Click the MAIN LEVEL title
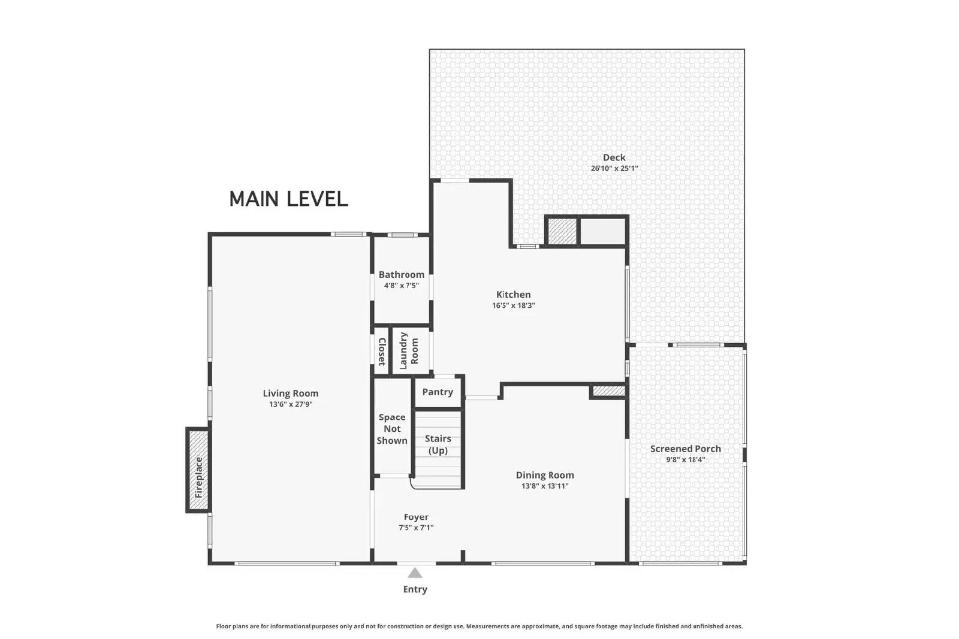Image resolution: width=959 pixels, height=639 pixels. pyautogui.click(x=288, y=199)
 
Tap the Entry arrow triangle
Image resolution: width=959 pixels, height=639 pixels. pyautogui.click(x=415, y=573)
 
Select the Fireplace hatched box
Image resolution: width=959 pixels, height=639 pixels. pyautogui.click(x=198, y=470)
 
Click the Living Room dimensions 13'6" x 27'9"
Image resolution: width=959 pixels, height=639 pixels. pyautogui.click(x=290, y=404)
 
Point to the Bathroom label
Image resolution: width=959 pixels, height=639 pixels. pyautogui.click(x=401, y=275)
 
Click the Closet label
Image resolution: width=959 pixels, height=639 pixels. pyautogui.click(x=381, y=352)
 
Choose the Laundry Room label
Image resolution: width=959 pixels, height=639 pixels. pyautogui.click(x=409, y=351)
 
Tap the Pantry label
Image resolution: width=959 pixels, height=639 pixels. pyautogui.click(x=437, y=392)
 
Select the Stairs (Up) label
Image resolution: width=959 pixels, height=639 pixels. pyautogui.click(x=438, y=444)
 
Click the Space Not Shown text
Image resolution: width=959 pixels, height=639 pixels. pyautogui.click(x=391, y=429)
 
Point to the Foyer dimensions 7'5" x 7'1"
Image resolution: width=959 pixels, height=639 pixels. pyautogui.click(x=416, y=528)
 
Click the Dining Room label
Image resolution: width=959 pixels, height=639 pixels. pyautogui.click(x=545, y=475)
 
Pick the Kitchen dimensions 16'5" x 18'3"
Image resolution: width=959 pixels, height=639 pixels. pyautogui.click(x=513, y=305)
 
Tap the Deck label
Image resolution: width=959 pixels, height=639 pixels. pyautogui.click(x=614, y=158)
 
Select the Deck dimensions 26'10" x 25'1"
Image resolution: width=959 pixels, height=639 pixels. pyautogui.click(x=614, y=168)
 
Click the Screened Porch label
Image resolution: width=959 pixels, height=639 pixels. pyautogui.click(x=685, y=449)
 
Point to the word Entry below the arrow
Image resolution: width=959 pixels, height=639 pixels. pyautogui.click(x=415, y=589)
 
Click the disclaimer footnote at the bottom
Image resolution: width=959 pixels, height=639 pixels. pyautogui.click(x=479, y=626)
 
